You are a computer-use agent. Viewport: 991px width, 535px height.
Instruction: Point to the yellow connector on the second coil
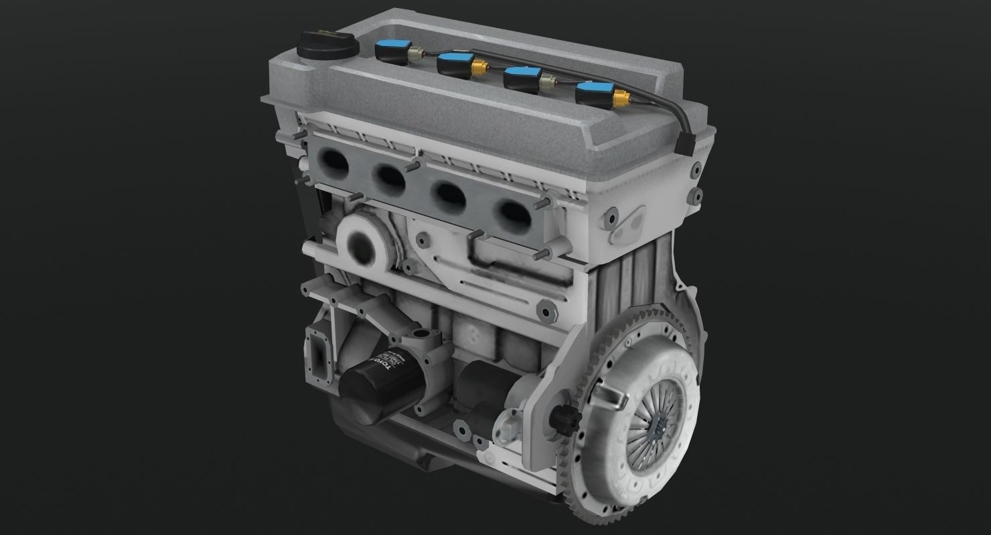point(478,68)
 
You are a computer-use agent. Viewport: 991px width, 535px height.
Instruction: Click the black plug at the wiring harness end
point(684,144)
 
